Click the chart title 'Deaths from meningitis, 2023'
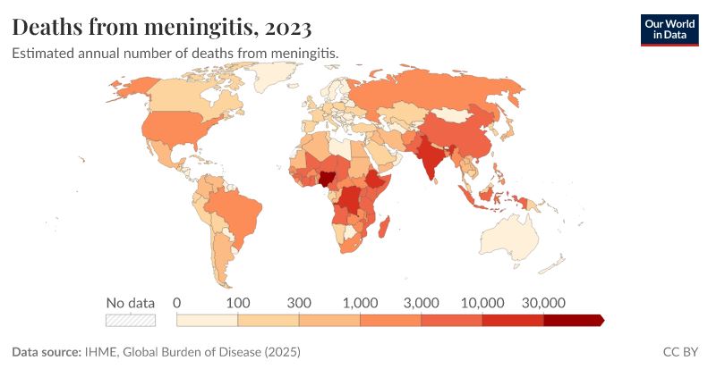click(x=162, y=28)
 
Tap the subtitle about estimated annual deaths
click(x=175, y=54)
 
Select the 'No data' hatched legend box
click(x=131, y=320)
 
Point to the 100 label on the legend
click(x=237, y=302)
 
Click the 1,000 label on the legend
click(x=360, y=302)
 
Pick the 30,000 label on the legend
click(x=542, y=302)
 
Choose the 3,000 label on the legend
click(x=421, y=302)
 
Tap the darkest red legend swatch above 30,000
click(x=573, y=320)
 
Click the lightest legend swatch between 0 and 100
click(x=207, y=320)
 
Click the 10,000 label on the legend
click(x=482, y=302)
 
